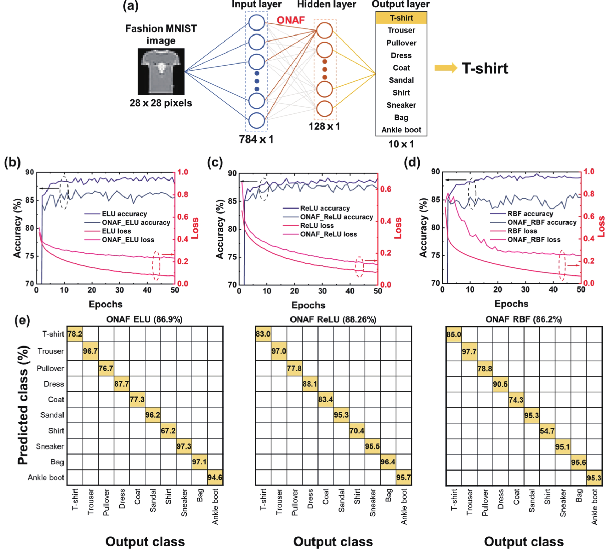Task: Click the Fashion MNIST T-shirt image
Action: (x=161, y=71)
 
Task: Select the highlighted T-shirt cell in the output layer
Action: (x=401, y=18)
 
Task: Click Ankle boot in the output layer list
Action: (x=401, y=130)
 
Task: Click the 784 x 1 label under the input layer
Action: (x=256, y=139)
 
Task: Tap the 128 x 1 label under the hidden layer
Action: (x=324, y=126)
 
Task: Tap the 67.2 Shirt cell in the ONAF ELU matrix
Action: (x=168, y=431)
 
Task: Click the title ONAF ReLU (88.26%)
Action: (x=333, y=319)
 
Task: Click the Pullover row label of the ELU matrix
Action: (x=50, y=368)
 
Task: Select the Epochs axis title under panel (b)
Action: (x=105, y=304)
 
